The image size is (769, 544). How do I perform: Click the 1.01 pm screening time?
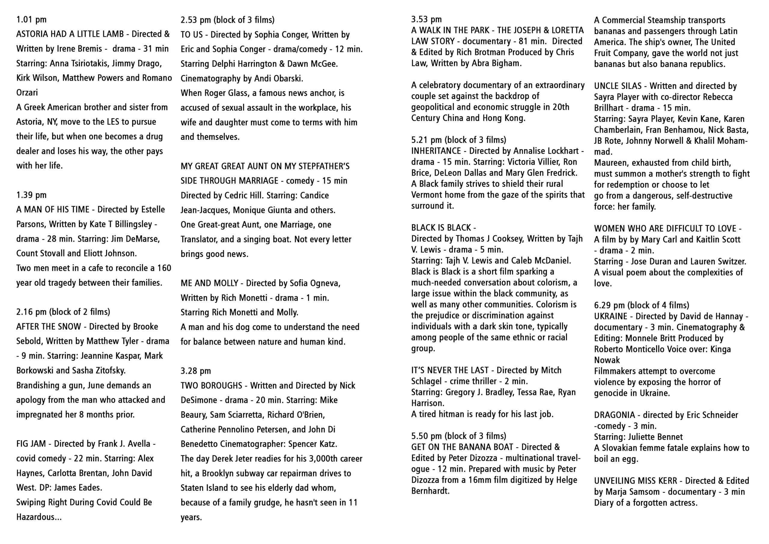click(x=31, y=20)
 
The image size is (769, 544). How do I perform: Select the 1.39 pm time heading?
click(x=31, y=195)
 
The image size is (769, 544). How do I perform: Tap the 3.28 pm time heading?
click(x=196, y=371)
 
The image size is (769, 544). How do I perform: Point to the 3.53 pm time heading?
click(x=426, y=20)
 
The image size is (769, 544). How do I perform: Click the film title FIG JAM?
click(x=31, y=444)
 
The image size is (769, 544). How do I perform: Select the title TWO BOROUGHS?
click(x=211, y=386)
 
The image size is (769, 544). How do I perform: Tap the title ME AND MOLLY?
click(x=209, y=283)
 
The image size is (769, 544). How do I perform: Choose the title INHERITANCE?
click(x=436, y=151)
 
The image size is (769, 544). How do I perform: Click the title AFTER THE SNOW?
click(x=49, y=327)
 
